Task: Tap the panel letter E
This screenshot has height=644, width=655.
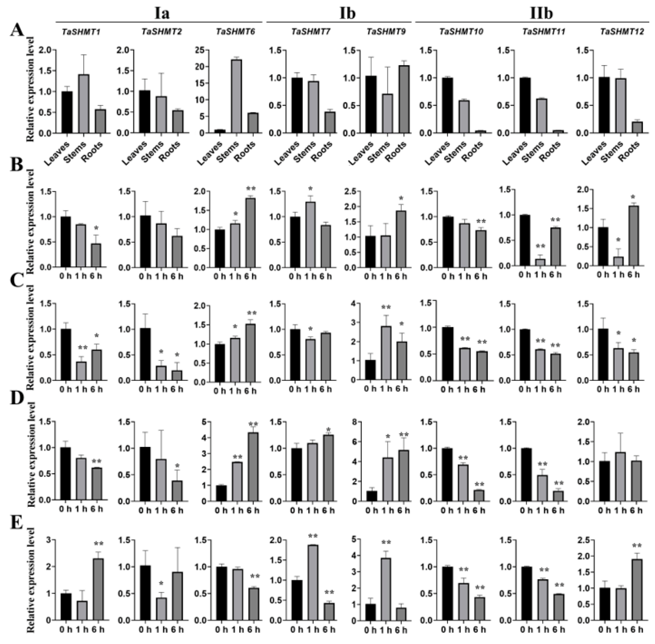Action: coord(17,523)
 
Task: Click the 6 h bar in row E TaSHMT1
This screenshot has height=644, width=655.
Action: coord(98,589)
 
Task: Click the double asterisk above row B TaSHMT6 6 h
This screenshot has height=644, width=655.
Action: coord(251,188)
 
